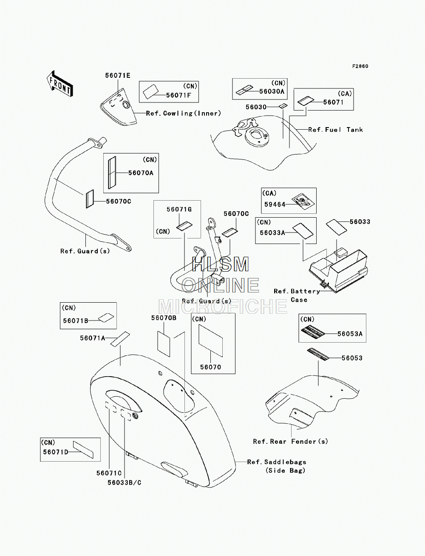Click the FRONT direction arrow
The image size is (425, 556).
(60, 84)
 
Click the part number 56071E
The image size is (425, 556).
(118, 76)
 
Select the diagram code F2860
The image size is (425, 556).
(360, 66)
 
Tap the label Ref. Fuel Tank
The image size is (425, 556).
(336, 130)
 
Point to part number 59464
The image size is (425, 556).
(275, 204)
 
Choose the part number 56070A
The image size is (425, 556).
(141, 173)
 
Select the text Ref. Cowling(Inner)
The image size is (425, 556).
(184, 113)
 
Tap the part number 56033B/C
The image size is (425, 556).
(125, 482)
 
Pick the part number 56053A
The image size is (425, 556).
(350, 334)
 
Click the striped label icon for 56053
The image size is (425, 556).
(318, 354)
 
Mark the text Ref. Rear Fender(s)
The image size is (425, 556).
(291, 442)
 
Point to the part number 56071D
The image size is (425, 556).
(56, 452)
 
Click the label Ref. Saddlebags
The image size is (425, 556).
(277, 462)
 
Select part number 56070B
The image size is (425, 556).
(164, 318)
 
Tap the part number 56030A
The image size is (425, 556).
(272, 91)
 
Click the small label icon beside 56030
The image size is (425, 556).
(283, 105)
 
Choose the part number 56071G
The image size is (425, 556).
(179, 209)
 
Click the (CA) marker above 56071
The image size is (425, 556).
(345, 94)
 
